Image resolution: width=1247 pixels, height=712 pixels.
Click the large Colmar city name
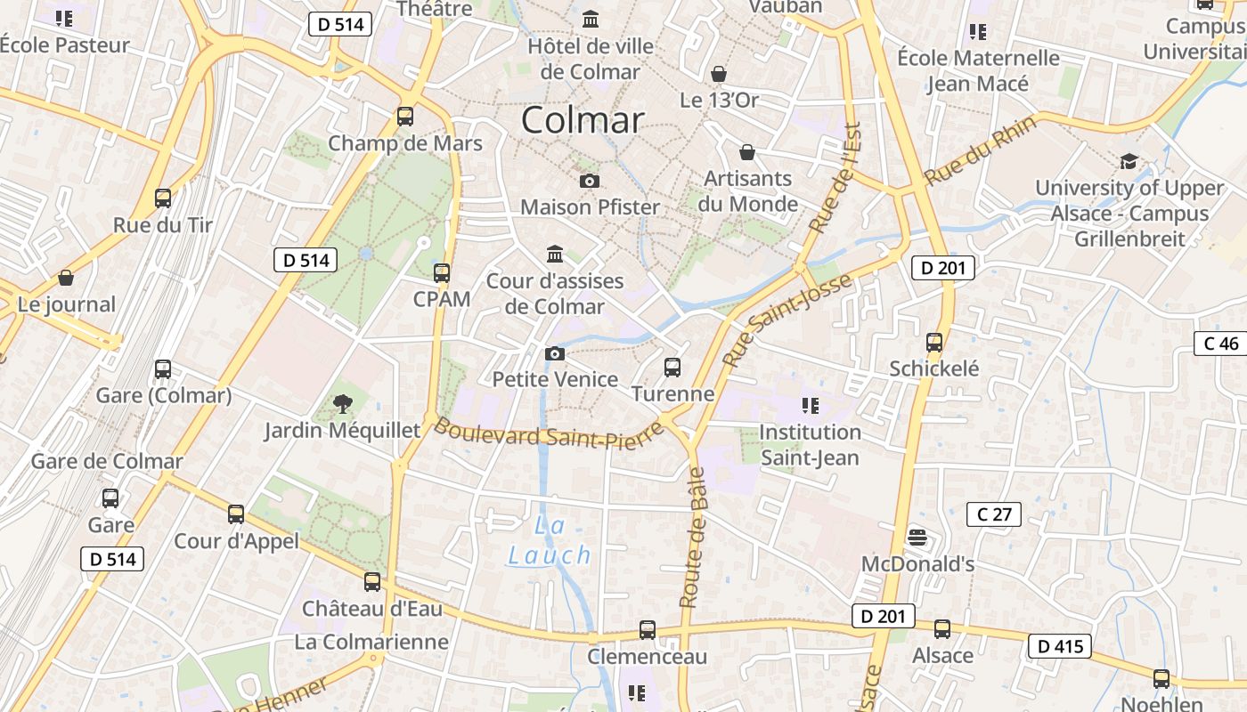tap(583, 120)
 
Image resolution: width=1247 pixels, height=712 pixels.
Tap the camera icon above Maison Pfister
tap(589, 182)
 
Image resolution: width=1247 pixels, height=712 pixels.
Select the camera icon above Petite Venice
tap(555, 354)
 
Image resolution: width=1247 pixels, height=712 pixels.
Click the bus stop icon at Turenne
tap(672, 367)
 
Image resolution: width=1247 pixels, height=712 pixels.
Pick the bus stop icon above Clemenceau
tap(648, 630)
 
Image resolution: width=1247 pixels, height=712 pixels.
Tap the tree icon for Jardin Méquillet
tap(342, 405)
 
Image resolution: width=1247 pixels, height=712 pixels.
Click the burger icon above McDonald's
tap(917, 538)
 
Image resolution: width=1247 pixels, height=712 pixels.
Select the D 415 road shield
tap(1060, 646)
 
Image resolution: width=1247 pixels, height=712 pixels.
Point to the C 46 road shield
tap(1219, 344)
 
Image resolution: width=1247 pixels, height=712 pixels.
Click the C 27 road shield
tap(994, 514)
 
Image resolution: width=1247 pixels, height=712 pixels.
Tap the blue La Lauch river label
tap(550, 541)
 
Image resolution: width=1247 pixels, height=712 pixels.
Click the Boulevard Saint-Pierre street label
tap(549, 434)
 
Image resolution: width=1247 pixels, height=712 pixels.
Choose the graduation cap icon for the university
tap(1129, 162)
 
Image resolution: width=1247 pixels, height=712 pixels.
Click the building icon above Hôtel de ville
tap(591, 20)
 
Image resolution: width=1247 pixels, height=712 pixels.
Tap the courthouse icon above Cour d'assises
tap(555, 255)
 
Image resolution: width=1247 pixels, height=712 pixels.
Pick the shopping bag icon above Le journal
tap(66, 279)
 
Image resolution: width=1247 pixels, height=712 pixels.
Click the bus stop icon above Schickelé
tap(934, 343)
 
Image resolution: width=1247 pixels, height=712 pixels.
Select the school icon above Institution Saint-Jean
tap(810, 407)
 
